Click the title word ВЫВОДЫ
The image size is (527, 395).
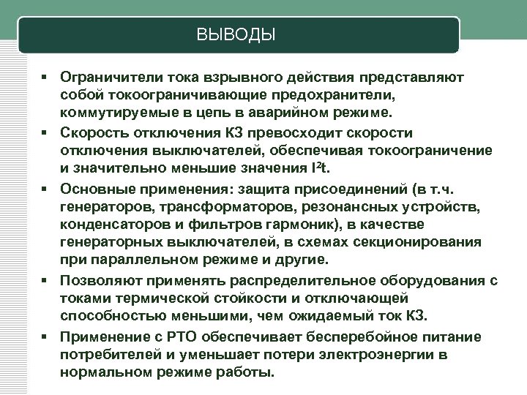point(236,35)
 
